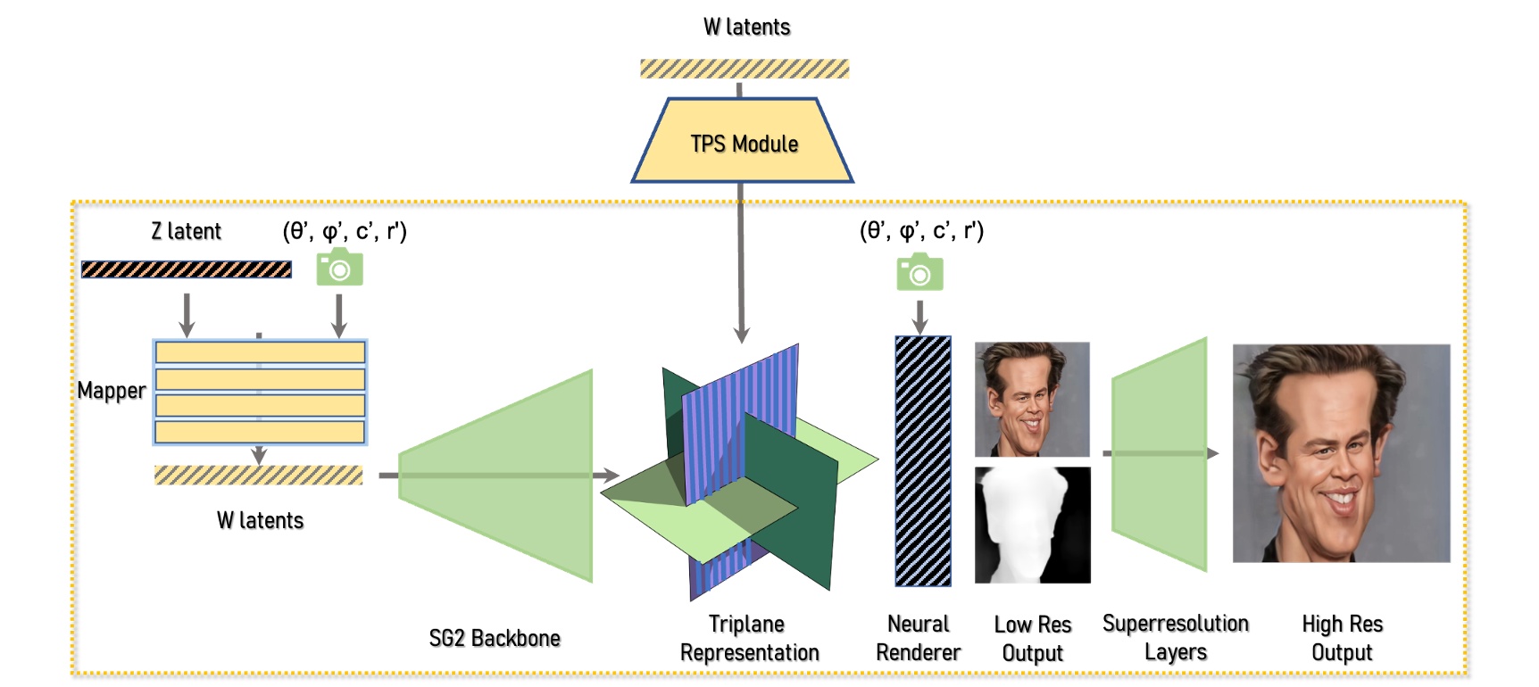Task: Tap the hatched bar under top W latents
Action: (745, 69)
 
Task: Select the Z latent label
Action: (186, 231)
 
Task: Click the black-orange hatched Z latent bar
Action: (186, 269)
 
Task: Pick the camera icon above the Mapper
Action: (340, 268)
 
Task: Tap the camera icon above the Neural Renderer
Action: (919, 272)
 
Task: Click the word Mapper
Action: (111, 391)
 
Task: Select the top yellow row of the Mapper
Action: (260, 352)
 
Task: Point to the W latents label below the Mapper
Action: (260, 520)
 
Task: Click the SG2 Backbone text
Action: (495, 638)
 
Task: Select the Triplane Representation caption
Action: (748, 638)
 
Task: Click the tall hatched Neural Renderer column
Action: (923, 460)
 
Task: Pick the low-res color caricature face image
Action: (1032, 399)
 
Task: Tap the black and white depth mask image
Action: (1032, 525)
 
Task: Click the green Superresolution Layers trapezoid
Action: (1159, 453)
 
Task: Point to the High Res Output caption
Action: (1341, 638)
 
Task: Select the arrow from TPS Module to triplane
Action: (741, 268)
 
